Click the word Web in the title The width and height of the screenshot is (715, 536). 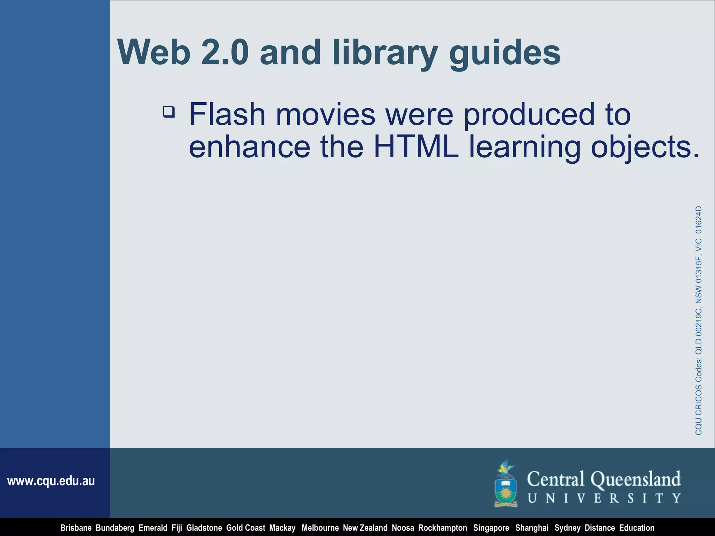pos(154,52)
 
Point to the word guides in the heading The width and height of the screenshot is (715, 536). pos(505,52)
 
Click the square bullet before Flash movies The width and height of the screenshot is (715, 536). pos(169,112)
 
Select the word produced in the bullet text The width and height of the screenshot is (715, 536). pos(529,115)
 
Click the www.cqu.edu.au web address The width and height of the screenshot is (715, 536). pos(51,481)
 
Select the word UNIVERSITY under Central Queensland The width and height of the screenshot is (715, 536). pos(604,498)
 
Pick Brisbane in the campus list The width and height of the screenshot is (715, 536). pos(76,528)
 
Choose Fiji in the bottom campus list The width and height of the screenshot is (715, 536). pos(177,528)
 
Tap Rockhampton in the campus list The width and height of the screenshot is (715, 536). pos(443,528)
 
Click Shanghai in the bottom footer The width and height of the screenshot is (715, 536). pos(532,528)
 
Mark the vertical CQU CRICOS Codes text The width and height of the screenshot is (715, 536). pos(698,320)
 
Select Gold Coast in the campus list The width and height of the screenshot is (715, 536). pos(245,528)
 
